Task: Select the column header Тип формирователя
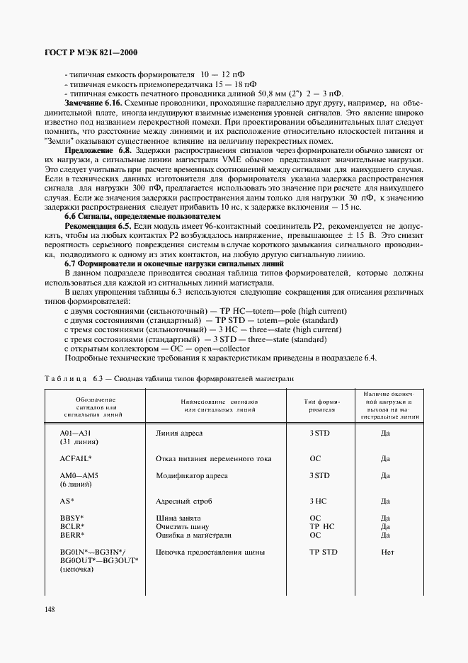point(322,406)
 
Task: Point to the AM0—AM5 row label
point(79,475)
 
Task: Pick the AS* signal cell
point(68,501)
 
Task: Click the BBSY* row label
point(72,518)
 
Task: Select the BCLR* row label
point(72,527)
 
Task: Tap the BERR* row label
point(72,535)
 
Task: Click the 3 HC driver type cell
point(317,501)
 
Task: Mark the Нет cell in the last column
point(387,552)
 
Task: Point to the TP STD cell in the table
point(324,552)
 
